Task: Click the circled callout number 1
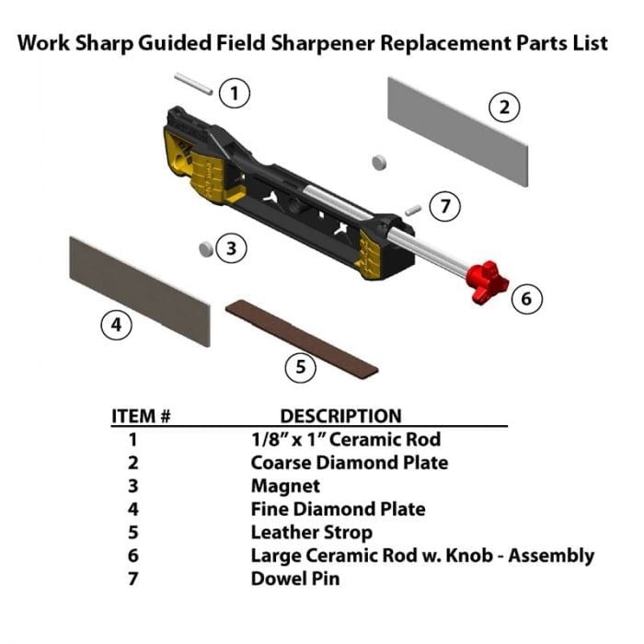pyautogui.click(x=236, y=92)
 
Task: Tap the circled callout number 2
pyautogui.click(x=503, y=108)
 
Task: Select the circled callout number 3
pyautogui.click(x=232, y=248)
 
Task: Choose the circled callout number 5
pyautogui.click(x=300, y=368)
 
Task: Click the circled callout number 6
pyautogui.click(x=526, y=298)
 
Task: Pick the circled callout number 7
pyautogui.click(x=445, y=206)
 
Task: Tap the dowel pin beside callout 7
pyautogui.click(x=413, y=209)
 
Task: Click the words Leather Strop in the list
pyautogui.click(x=311, y=533)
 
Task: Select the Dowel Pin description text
pyautogui.click(x=294, y=580)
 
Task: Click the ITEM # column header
pyautogui.click(x=141, y=416)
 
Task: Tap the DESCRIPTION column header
pyautogui.click(x=340, y=416)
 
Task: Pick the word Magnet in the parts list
pyautogui.click(x=285, y=486)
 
